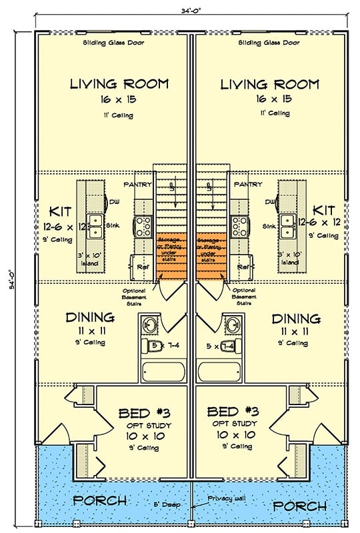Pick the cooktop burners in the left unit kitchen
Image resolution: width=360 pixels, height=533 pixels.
coord(143,227)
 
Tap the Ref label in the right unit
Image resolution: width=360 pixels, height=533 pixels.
coord(243,266)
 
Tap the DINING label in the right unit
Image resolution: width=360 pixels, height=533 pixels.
coord(296,318)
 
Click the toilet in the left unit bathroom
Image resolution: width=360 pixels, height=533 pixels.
coord(148,346)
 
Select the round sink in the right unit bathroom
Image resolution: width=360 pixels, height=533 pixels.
coord(233,326)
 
